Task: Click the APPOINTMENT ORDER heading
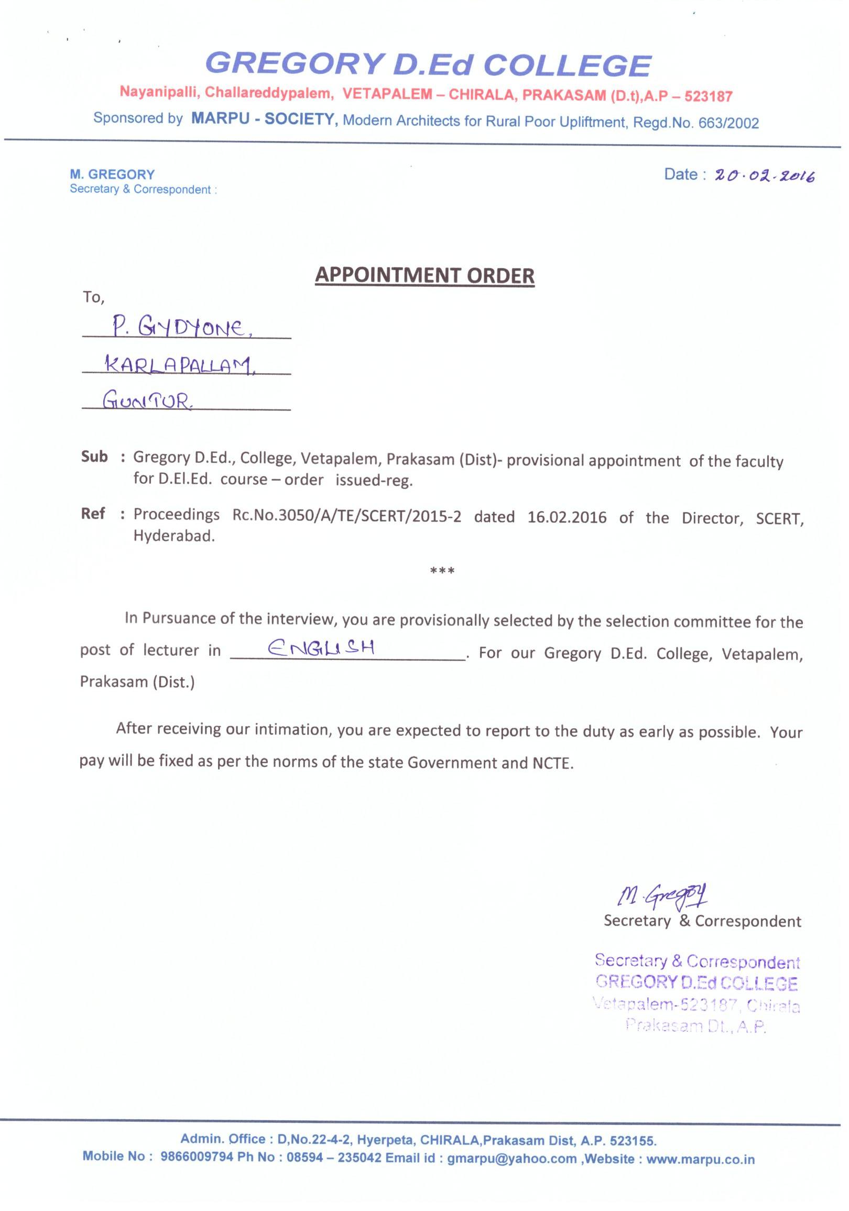pos(424,275)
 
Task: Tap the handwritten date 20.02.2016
pos(765,176)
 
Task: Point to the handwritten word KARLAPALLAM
pos(179,364)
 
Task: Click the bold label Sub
pos(94,457)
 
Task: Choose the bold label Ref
pos(93,513)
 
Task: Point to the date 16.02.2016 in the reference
pos(567,517)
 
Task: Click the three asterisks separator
pos(442,571)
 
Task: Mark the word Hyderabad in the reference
pos(174,536)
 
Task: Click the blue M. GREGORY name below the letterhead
pos(112,175)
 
